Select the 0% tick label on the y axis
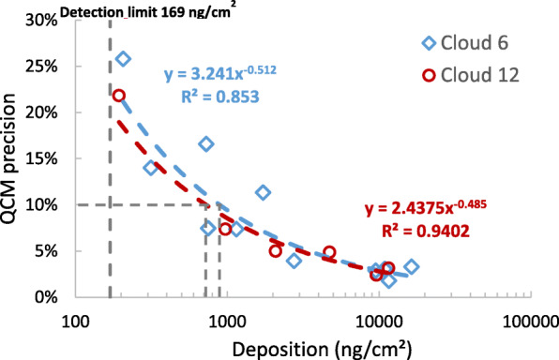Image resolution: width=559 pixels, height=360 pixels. point(39,297)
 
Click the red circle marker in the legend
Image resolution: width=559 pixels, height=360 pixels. point(429,74)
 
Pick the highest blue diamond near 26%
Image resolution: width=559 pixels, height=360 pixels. point(123,59)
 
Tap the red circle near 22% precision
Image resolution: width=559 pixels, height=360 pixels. point(119,96)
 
